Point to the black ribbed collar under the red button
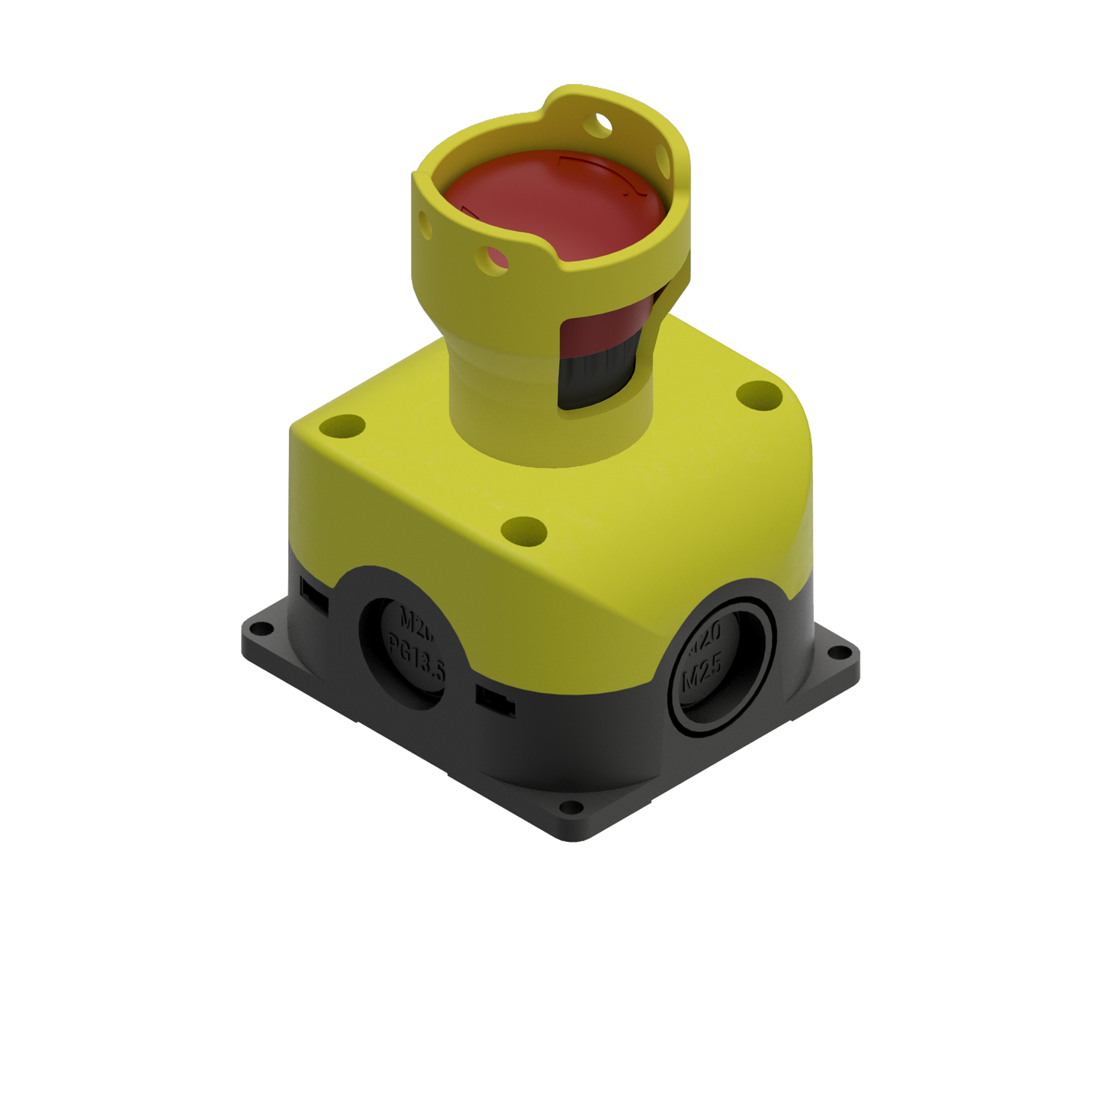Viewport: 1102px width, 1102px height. point(583,382)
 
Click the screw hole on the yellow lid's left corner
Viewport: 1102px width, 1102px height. point(342,425)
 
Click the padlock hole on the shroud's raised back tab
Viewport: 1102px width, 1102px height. point(602,120)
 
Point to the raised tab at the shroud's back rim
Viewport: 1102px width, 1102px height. point(580,103)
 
